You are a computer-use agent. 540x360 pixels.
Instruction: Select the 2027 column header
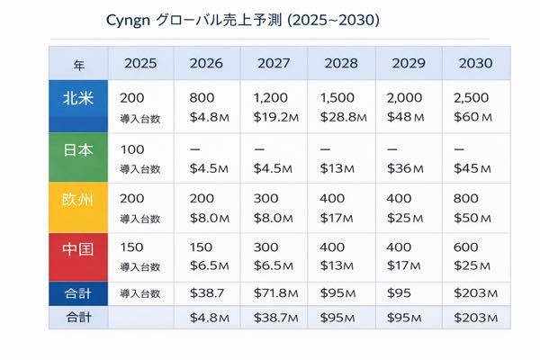coord(274,63)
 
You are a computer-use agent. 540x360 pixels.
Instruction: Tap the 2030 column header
coord(475,63)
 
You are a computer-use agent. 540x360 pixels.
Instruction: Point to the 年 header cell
coord(79,64)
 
